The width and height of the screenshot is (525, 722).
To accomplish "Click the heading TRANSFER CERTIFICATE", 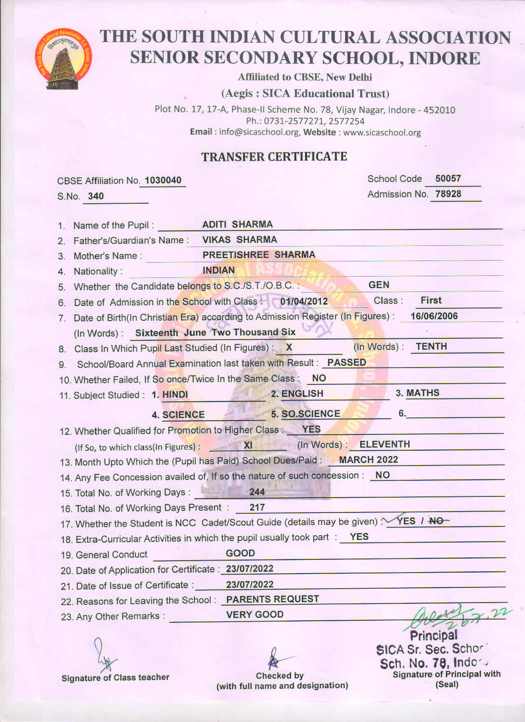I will tap(274, 157).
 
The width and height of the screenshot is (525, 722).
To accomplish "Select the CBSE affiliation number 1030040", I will tap(163, 180).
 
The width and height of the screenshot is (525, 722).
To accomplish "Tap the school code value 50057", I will tap(448, 179).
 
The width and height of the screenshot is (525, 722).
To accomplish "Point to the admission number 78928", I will tap(448, 194).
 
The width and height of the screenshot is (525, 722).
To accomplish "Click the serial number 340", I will tap(96, 196).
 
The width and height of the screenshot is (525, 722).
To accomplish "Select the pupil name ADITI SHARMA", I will tap(237, 224).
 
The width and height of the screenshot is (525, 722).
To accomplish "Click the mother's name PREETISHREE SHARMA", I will tap(259, 255).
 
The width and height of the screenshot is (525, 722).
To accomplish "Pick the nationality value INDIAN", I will tap(219, 270).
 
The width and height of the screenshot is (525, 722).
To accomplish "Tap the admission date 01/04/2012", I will tap(304, 301).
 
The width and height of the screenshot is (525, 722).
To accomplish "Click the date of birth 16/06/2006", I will tap(434, 316).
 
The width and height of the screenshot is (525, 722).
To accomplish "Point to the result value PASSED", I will tap(347, 363).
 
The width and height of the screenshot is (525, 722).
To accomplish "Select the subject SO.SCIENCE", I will tap(310, 414).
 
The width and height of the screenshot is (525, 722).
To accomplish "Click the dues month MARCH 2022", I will tap(369, 460).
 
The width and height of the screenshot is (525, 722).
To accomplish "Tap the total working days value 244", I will tap(257, 492).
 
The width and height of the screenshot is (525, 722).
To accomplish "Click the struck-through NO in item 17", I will tap(436, 521).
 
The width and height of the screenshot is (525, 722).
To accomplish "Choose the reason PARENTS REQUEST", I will tap(273, 599).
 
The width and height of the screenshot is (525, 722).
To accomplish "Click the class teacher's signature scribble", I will tap(103, 655).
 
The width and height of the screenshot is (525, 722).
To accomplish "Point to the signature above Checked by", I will tap(275, 659).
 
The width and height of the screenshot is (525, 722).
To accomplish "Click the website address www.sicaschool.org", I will tap(382, 133).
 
